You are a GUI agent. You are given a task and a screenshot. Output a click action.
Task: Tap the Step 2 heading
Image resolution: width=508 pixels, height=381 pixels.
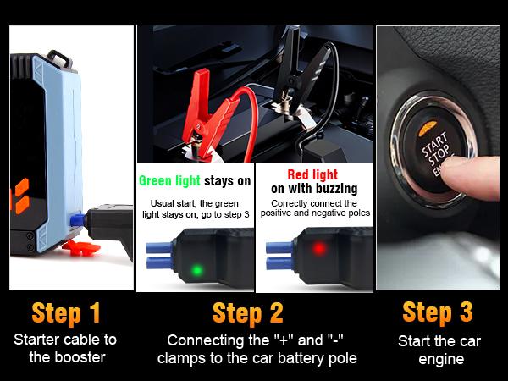click(x=248, y=312)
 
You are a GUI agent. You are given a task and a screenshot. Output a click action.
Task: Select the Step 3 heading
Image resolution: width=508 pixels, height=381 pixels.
click(x=438, y=312)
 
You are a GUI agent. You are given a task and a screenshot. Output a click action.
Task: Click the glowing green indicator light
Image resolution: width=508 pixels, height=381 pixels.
click(x=196, y=271)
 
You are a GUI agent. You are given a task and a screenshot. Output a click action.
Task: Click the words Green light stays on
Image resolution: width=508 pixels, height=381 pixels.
click(x=195, y=180)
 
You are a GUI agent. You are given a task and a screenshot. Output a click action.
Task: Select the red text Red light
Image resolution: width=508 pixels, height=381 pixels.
click(x=313, y=174)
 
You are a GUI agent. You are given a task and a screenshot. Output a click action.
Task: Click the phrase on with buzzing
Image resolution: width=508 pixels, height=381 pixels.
click(x=314, y=188)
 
